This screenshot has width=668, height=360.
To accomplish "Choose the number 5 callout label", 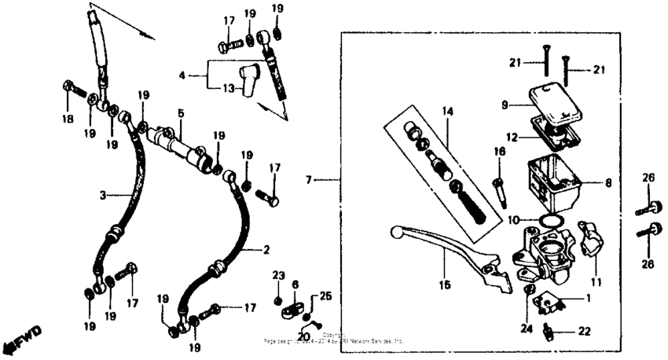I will [x=180, y=113].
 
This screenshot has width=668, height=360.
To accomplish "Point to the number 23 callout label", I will [x=277, y=275].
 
